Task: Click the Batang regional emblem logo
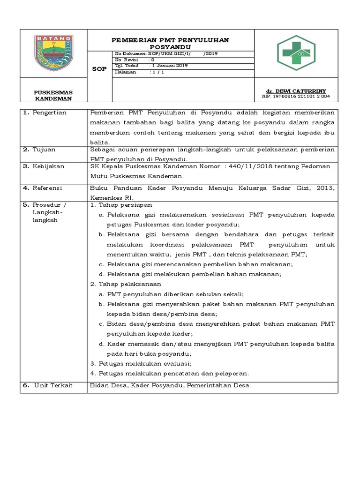pos(53,53)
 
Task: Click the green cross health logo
pos(296,53)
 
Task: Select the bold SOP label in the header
pos(99,69)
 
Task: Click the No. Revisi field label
pos(126,60)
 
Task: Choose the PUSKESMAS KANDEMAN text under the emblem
pos(53,95)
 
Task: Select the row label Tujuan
pos(44,150)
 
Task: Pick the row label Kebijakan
pos(48,166)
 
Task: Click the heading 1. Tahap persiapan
pos(120,205)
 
